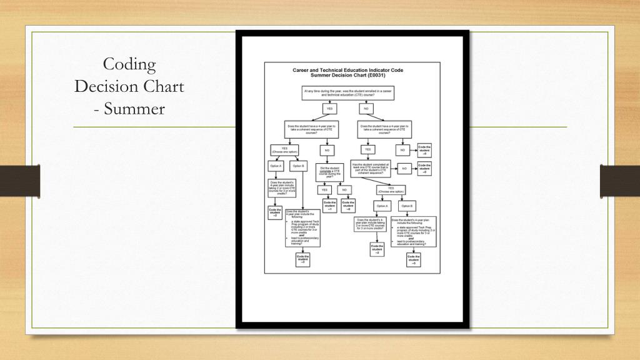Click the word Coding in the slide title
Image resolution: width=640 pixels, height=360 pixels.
point(129,64)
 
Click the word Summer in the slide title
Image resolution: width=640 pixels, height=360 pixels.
point(134,109)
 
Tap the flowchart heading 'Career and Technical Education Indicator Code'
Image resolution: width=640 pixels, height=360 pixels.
point(348,70)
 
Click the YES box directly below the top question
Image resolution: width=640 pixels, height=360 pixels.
point(330,109)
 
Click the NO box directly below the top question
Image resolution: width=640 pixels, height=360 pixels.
point(366,109)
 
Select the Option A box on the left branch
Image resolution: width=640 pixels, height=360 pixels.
point(276,166)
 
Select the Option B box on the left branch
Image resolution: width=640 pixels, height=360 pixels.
point(298,166)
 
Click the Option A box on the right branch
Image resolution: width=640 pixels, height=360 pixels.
point(382,206)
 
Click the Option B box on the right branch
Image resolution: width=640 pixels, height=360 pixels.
point(407,206)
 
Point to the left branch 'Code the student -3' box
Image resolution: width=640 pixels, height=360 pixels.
point(302,259)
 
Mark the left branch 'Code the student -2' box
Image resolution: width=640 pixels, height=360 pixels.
point(275,213)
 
